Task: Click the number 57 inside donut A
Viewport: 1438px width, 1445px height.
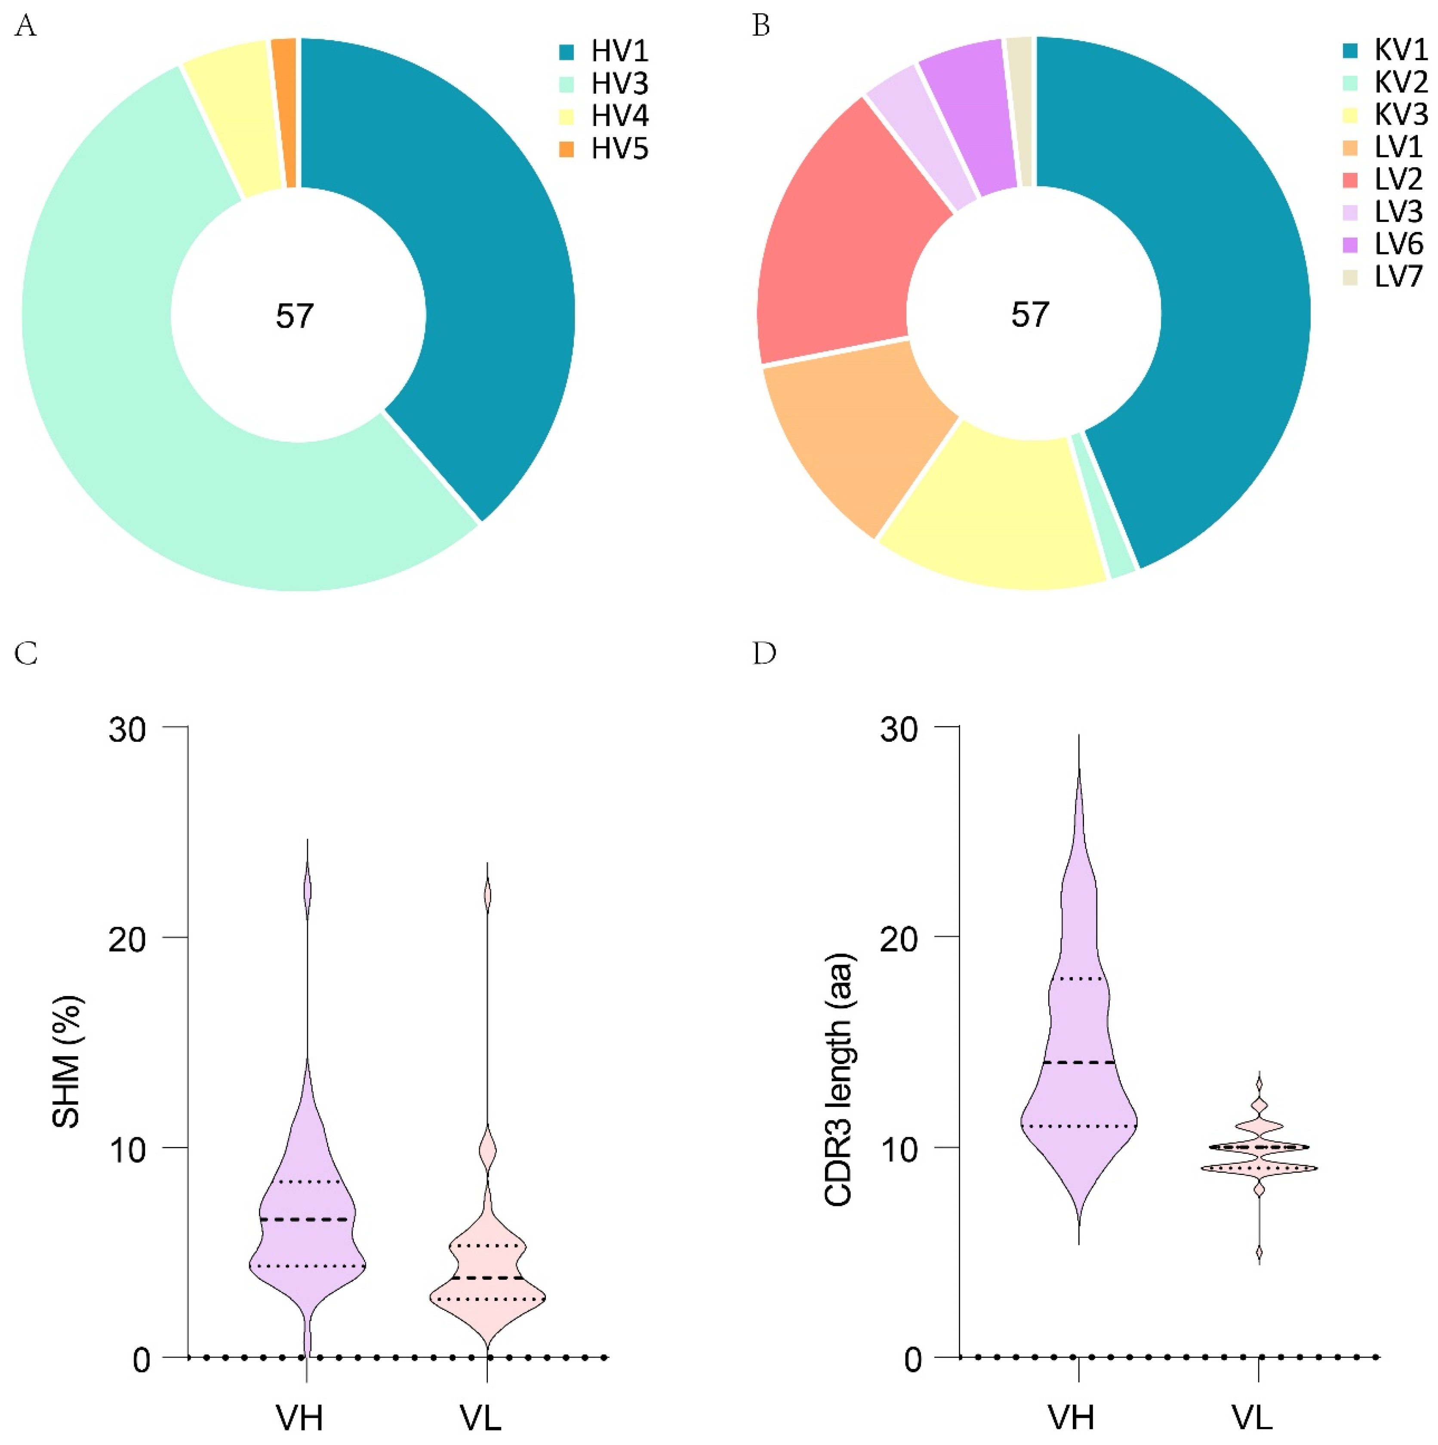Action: click(x=295, y=317)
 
